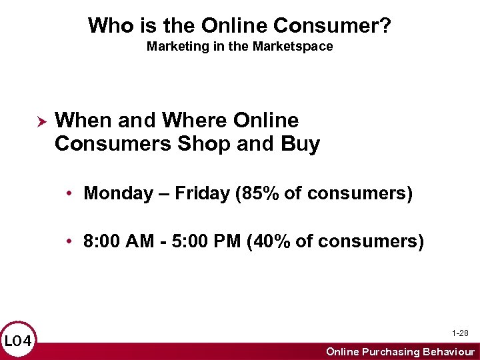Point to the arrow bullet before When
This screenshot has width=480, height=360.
(x=39, y=122)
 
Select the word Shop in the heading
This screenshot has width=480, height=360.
(x=201, y=144)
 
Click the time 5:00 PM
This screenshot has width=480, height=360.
(x=207, y=241)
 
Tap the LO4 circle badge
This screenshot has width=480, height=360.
(x=18, y=342)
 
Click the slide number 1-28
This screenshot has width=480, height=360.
(x=459, y=333)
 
